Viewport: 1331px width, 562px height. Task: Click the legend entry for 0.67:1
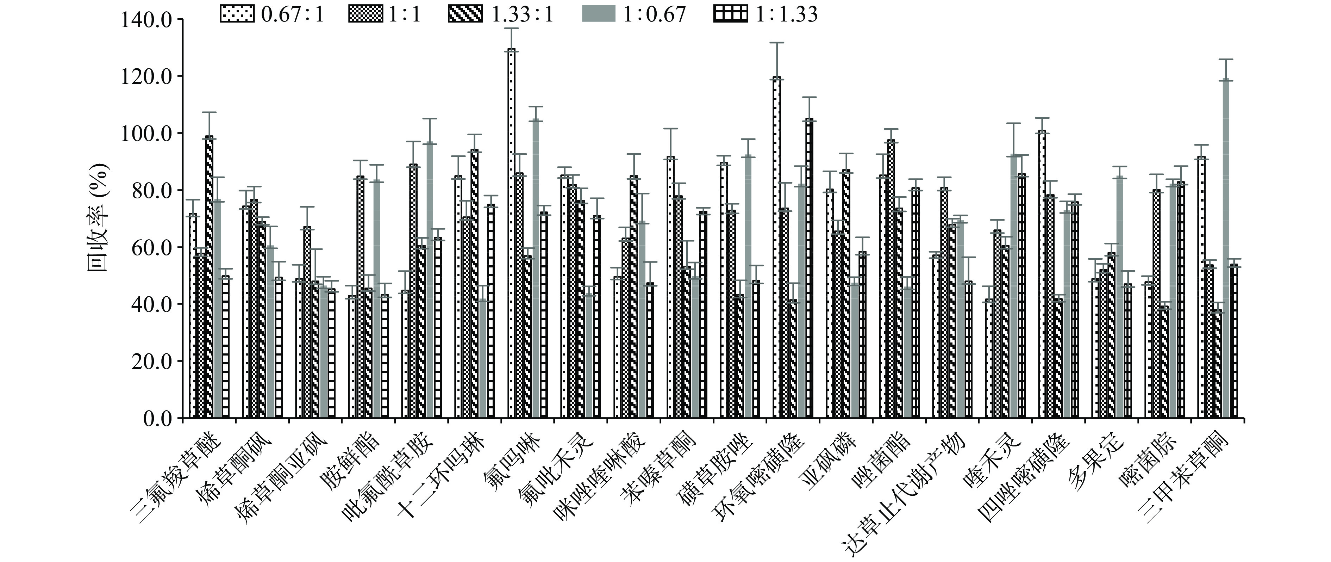[272, 14]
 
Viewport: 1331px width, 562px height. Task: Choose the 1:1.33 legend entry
[766, 14]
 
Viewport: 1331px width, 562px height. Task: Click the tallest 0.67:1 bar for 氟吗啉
[512, 233]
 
